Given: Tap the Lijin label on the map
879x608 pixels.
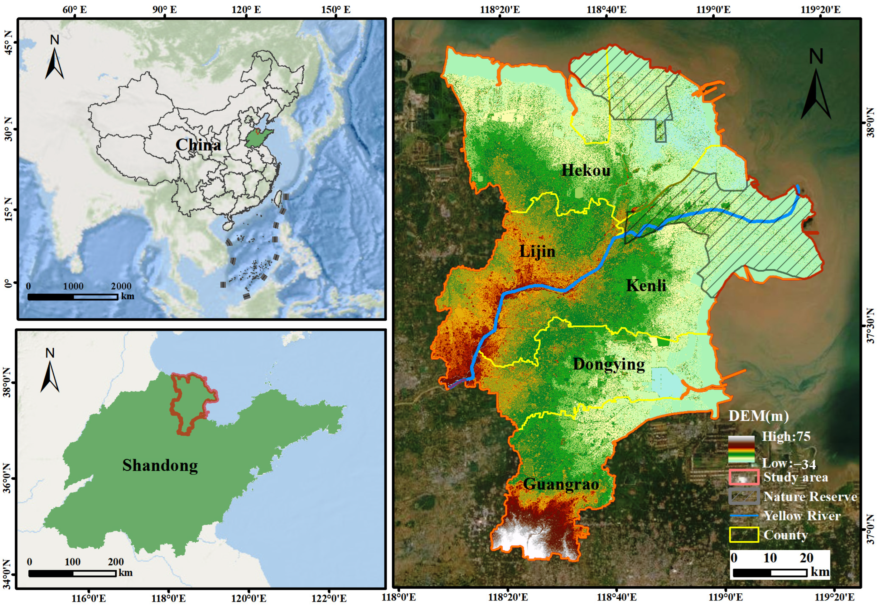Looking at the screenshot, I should click(537, 251).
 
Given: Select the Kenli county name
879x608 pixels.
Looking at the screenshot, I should click(646, 285).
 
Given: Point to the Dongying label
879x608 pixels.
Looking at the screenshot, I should click(609, 364).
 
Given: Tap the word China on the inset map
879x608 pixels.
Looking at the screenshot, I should click(198, 145).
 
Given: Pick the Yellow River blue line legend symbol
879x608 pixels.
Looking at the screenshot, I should click(744, 516).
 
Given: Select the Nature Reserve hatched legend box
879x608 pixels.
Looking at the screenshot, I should click(744, 497).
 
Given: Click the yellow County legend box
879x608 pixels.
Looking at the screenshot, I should click(744, 535).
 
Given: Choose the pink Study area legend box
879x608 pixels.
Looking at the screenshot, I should click(744, 477).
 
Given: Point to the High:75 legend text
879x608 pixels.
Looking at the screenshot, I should click(785, 437).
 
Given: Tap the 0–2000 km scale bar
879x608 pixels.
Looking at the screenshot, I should click(73, 297).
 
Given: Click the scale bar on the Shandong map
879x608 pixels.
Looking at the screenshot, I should click(72, 573).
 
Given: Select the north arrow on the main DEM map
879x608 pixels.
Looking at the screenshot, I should click(816, 89).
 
